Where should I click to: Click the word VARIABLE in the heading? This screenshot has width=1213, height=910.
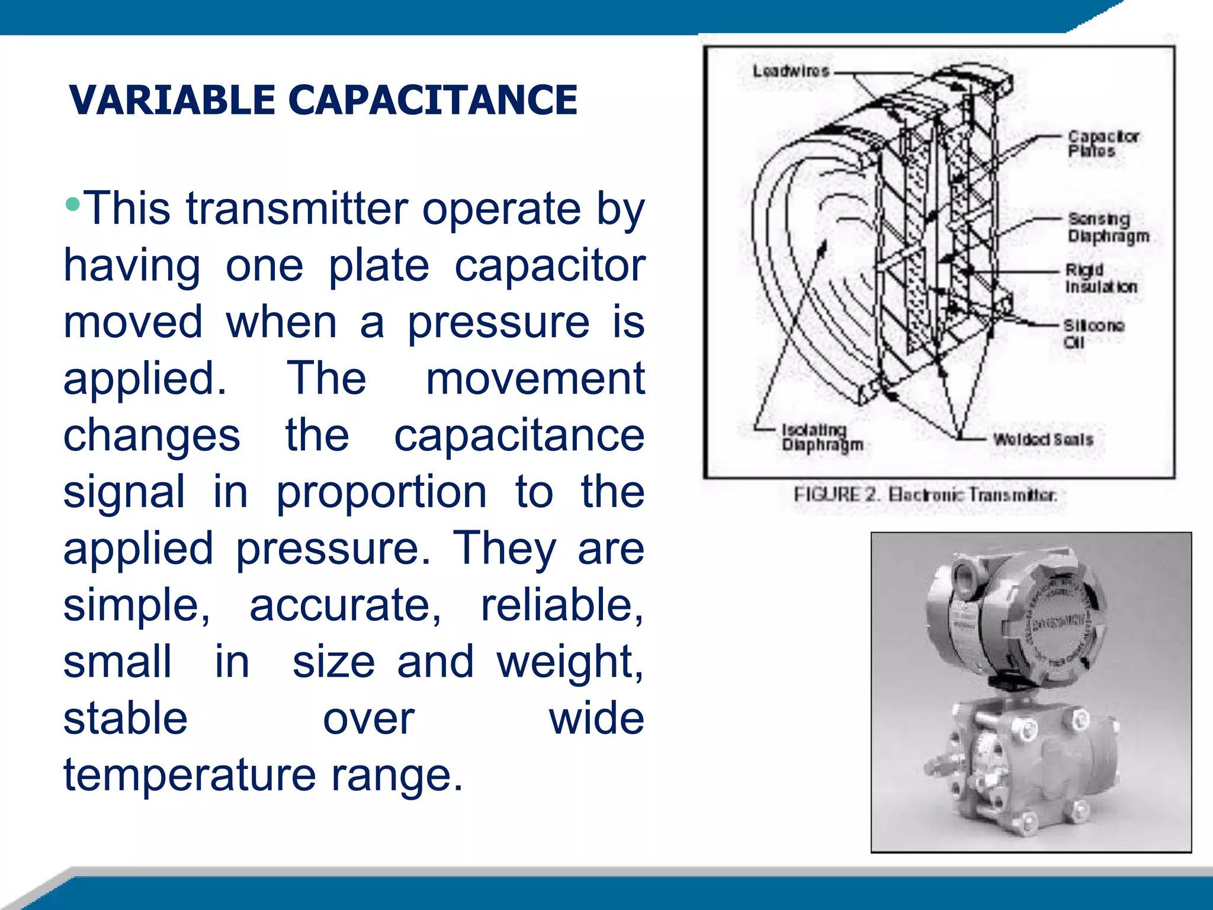(x=172, y=100)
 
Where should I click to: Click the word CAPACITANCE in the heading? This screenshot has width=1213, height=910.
(x=432, y=100)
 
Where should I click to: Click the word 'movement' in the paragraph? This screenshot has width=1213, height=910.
(x=535, y=379)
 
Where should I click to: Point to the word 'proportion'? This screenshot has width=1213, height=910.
(x=381, y=492)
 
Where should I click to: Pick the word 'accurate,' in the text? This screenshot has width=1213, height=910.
(x=345, y=605)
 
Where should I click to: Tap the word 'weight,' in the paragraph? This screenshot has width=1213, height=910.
(x=570, y=662)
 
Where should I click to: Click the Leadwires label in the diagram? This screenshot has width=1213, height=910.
(x=791, y=72)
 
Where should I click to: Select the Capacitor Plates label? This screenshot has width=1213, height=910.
(x=1103, y=144)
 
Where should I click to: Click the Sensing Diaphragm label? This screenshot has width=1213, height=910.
(x=1108, y=227)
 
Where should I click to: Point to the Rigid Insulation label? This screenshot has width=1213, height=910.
(x=1100, y=278)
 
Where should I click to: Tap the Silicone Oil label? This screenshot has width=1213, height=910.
(x=1093, y=334)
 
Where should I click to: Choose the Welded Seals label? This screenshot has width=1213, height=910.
(x=1042, y=440)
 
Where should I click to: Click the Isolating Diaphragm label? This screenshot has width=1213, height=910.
(x=821, y=437)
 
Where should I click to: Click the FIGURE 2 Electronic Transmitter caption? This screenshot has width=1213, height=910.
(x=925, y=495)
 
